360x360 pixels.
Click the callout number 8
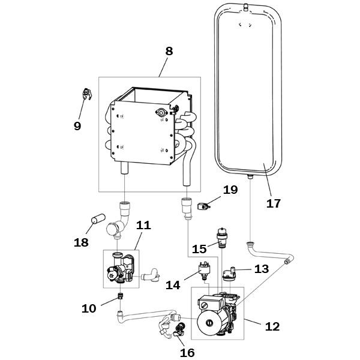pos(169,51)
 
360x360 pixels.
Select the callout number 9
pos(77,126)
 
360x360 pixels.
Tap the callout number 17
pos(274,203)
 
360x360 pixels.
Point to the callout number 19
pos(230,190)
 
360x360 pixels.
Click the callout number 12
pos(272,326)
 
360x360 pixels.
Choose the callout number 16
pos(187,353)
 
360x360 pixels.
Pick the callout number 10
pos(89,308)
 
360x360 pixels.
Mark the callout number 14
pos(173,285)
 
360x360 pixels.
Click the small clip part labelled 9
pos(87,94)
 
